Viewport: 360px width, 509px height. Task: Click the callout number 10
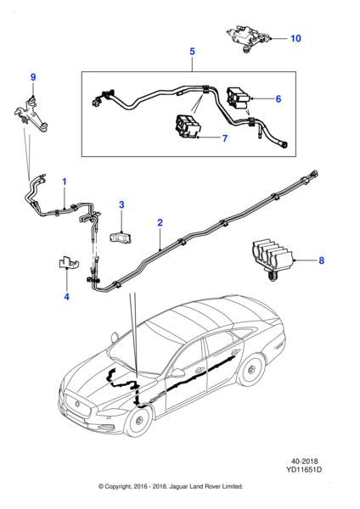pyautogui.click(x=295, y=38)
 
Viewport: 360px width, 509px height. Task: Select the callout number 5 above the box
pyautogui.click(x=192, y=51)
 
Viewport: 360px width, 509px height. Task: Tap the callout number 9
pyautogui.click(x=33, y=77)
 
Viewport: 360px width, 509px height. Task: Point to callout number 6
pyautogui.click(x=278, y=98)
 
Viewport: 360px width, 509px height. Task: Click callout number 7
pyautogui.click(x=225, y=138)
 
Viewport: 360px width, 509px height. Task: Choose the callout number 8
pyautogui.click(x=321, y=260)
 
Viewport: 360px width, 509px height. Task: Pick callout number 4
pyautogui.click(x=66, y=297)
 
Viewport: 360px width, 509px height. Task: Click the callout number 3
pyautogui.click(x=121, y=204)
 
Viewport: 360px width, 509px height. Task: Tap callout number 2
pyautogui.click(x=160, y=222)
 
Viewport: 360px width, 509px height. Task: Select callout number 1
pyautogui.click(x=65, y=182)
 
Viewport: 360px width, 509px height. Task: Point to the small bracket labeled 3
pyautogui.click(x=121, y=237)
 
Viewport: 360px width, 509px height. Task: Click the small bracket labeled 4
pyautogui.click(x=68, y=263)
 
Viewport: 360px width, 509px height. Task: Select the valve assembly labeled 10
pyautogui.click(x=248, y=37)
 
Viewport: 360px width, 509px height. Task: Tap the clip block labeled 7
pyautogui.click(x=188, y=127)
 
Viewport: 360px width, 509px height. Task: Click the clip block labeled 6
pyautogui.click(x=239, y=98)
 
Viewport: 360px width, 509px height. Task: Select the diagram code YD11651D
pyautogui.click(x=304, y=469)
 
